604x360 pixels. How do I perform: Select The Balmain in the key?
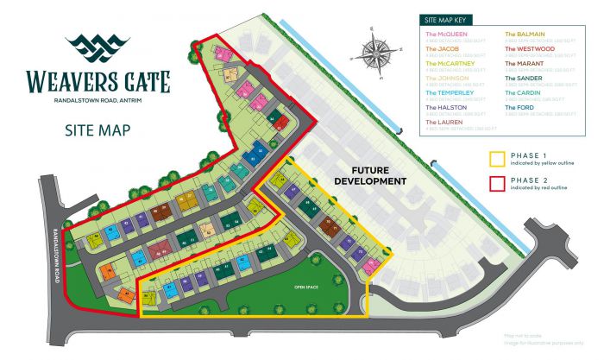523,35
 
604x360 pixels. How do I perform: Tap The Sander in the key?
522,79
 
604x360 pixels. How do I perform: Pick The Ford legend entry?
519,107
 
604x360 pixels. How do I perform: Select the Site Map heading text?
97,130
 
